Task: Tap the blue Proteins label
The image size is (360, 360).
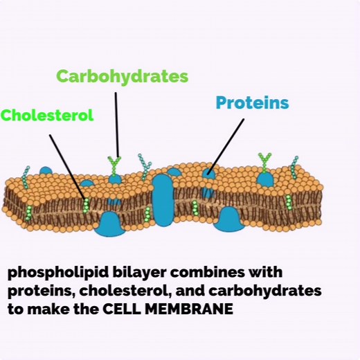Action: click(x=252, y=102)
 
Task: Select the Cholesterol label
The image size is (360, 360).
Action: click(x=47, y=115)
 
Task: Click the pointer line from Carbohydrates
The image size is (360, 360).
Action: click(x=117, y=125)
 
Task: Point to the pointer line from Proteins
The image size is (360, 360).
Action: click(x=226, y=146)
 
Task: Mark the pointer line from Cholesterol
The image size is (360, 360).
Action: click(x=67, y=167)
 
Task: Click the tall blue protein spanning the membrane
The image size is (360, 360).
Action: click(x=163, y=200)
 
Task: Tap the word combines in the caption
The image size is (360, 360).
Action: click(x=208, y=272)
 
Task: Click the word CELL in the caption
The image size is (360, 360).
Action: click(x=122, y=309)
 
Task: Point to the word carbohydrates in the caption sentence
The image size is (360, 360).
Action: click(x=265, y=291)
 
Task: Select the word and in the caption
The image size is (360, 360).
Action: click(x=190, y=291)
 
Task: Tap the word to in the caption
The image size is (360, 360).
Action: click(x=15, y=309)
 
